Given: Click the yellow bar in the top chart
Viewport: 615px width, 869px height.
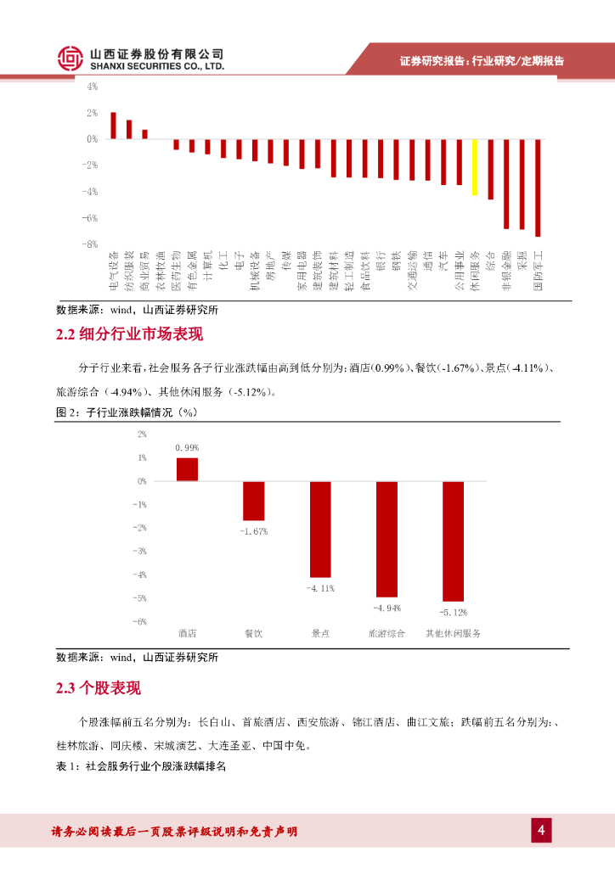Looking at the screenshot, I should pyautogui.click(x=475, y=167).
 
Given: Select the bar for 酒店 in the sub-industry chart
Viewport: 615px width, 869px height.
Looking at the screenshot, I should pyautogui.click(x=187, y=469).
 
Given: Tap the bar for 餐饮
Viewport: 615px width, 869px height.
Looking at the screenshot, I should pyautogui.click(x=253, y=501).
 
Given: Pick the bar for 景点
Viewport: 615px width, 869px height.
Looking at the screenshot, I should pyautogui.click(x=320, y=529).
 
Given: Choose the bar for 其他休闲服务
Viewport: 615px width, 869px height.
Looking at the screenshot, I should pyautogui.click(x=453, y=541).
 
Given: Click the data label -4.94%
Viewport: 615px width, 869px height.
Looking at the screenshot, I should pyautogui.click(x=386, y=608).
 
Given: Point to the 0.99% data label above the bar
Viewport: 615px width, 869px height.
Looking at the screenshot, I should pyautogui.click(x=187, y=447).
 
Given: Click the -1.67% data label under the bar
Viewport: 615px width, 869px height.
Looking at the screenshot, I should pyautogui.click(x=253, y=532).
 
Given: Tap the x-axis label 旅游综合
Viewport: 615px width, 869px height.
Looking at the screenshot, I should pyautogui.click(x=386, y=634).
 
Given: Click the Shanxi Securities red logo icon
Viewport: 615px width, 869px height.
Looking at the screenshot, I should pyautogui.click(x=71, y=58).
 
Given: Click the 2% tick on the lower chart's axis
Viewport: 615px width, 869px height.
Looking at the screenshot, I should pyautogui.click(x=141, y=434).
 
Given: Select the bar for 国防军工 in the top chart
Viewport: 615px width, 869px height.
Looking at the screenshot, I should pyautogui.click(x=538, y=188).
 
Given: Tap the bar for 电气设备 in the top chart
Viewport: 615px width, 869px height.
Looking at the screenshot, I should pyautogui.click(x=113, y=126).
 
